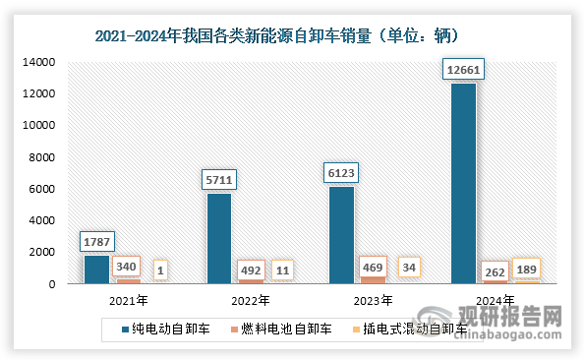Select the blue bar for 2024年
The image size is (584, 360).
pyautogui.click(x=463, y=184)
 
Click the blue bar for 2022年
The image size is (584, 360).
pyautogui.click(x=219, y=238)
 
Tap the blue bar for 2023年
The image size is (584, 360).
pyautogui.click(x=341, y=235)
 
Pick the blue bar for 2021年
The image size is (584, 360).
pyautogui.click(x=96, y=270)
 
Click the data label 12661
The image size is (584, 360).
pyautogui.click(x=463, y=71)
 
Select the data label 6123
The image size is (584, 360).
pyautogui.click(x=341, y=174)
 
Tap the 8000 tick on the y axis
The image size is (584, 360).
pyautogui.click(x=44, y=157)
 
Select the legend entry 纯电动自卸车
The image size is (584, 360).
pyautogui.click(x=165, y=327)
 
